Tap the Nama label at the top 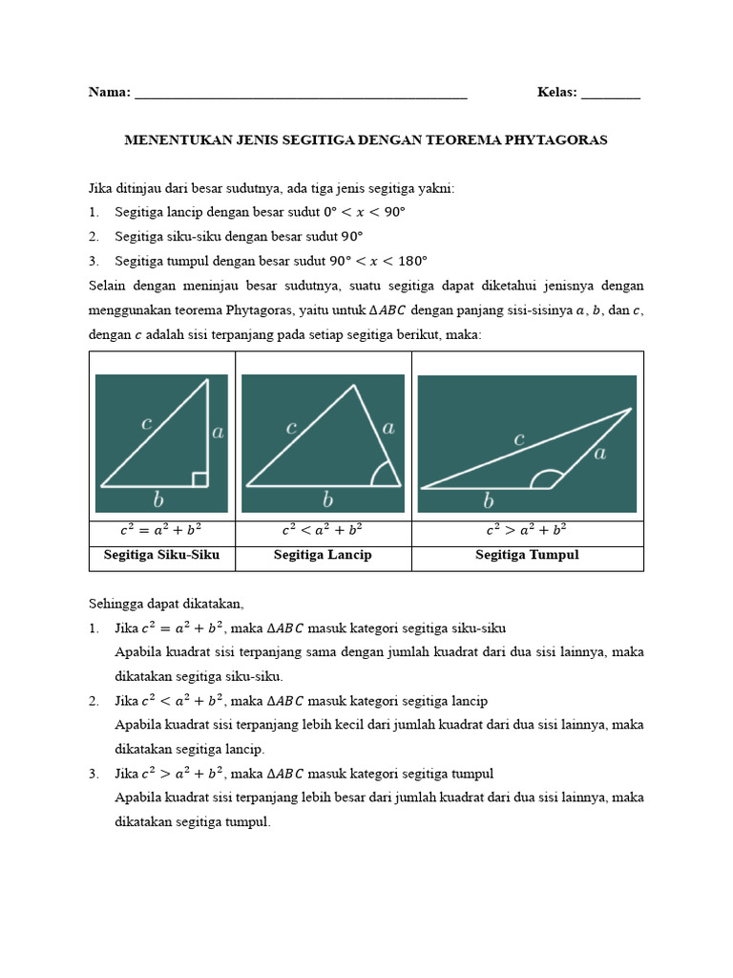pyautogui.click(x=109, y=93)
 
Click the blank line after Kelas pyautogui.click(x=611, y=94)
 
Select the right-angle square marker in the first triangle pyautogui.click(x=200, y=478)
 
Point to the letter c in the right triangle pyautogui.click(x=147, y=423)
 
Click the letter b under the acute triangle pyautogui.click(x=327, y=500)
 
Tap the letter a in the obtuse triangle pyautogui.click(x=599, y=454)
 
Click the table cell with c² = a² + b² pyautogui.click(x=161, y=530)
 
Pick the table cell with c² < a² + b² pyautogui.click(x=323, y=530)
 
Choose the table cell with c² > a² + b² pyautogui.click(x=527, y=530)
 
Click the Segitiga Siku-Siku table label pyautogui.click(x=161, y=555)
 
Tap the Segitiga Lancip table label pyautogui.click(x=323, y=555)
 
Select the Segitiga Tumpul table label pyautogui.click(x=527, y=555)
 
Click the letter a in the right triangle pyautogui.click(x=218, y=433)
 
